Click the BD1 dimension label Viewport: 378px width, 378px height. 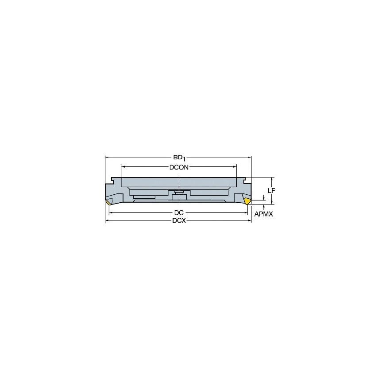[178, 157]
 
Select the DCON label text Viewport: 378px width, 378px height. [178, 167]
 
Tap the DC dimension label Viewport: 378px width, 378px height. [178, 213]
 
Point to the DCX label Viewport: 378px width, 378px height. [178, 221]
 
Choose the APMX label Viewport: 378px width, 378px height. [264, 214]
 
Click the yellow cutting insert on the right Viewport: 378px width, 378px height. [247, 201]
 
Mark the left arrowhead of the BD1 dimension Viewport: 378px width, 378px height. [107, 157]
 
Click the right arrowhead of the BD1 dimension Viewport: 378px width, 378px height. [250, 157]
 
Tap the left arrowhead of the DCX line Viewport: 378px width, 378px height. [107, 221]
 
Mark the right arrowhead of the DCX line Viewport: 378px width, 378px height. [250, 221]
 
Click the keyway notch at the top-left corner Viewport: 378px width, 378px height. [109, 180]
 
